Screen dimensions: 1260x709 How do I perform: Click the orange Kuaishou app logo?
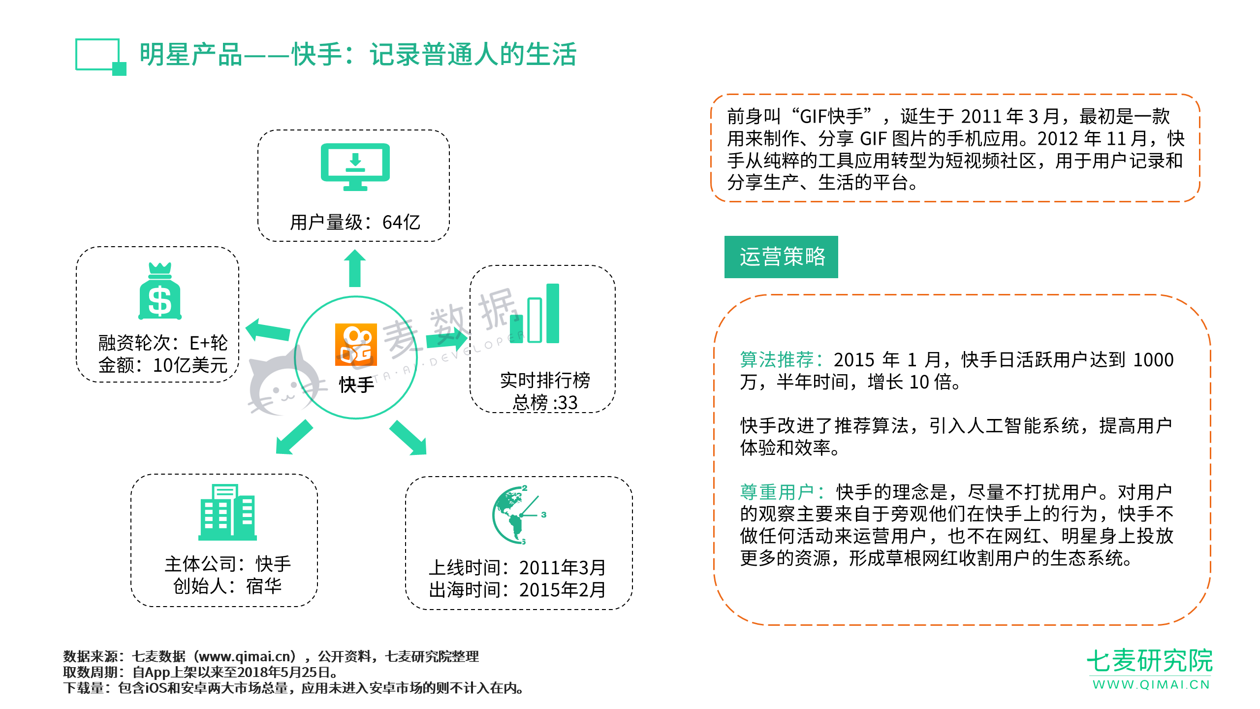(356, 345)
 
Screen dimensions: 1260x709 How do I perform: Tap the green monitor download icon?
(355, 167)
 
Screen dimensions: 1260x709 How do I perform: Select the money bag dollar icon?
(160, 291)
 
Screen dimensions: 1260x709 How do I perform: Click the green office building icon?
(227, 512)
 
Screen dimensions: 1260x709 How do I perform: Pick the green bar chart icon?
(535, 313)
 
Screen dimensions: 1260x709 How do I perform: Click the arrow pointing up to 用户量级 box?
(355, 268)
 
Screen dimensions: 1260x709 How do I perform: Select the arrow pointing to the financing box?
(268, 330)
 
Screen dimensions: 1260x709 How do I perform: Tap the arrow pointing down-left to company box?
(294, 437)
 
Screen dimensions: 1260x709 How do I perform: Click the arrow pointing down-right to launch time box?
(408, 438)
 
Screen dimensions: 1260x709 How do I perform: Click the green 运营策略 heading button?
(781, 257)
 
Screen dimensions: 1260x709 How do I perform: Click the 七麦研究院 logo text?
(1150, 661)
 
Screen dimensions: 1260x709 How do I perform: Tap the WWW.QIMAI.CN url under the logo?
(1151, 685)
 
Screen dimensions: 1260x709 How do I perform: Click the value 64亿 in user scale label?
(402, 223)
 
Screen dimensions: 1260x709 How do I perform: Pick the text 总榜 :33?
(545, 403)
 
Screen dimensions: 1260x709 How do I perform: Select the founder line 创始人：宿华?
(227, 586)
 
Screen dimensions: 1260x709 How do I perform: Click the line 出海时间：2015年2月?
(517, 590)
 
